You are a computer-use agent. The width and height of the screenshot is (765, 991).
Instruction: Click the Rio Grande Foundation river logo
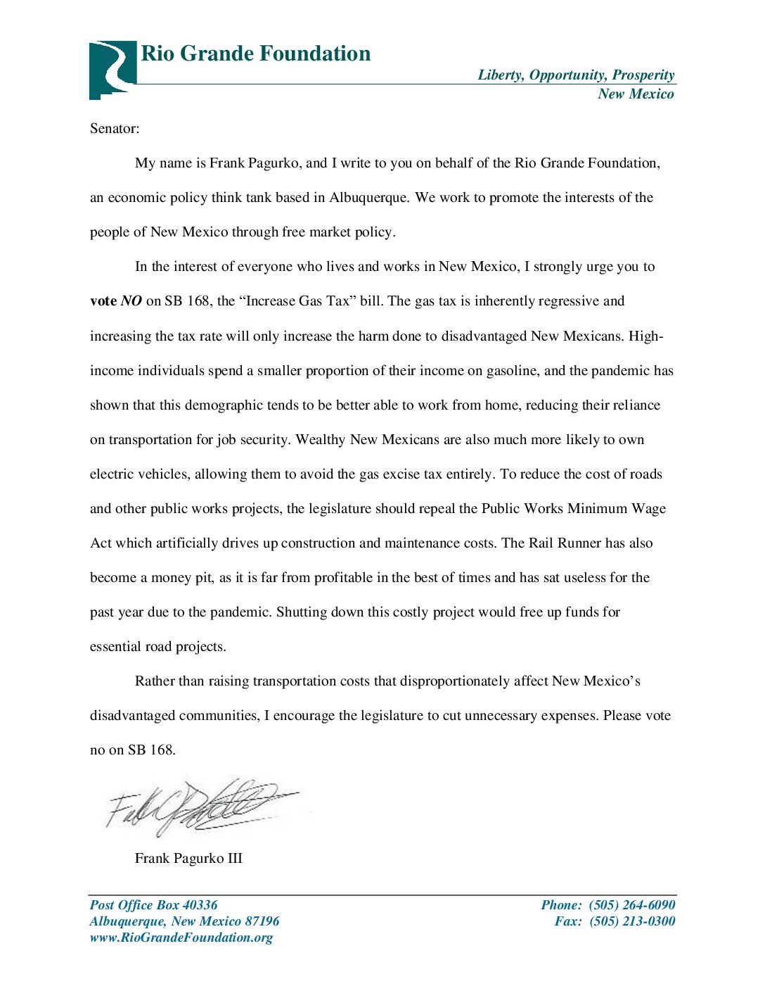[x=112, y=69]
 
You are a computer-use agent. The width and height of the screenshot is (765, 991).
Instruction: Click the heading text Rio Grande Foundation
[x=256, y=53]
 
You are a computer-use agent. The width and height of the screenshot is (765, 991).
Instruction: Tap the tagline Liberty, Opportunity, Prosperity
[x=576, y=75]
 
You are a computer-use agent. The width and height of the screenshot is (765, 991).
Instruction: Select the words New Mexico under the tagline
[x=636, y=94]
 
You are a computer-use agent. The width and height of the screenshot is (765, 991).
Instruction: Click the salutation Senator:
[x=115, y=129]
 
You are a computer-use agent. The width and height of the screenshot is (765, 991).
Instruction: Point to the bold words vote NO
[x=116, y=301]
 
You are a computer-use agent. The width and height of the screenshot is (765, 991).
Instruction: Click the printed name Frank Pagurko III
[x=188, y=859]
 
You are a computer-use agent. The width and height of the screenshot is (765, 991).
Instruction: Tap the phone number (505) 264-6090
[x=632, y=905]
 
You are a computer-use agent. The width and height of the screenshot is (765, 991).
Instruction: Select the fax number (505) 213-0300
[x=632, y=921]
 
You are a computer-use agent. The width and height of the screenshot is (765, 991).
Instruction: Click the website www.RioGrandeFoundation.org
[x=181, y=938]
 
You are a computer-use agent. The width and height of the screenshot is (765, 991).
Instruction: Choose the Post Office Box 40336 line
[x=153, y=905]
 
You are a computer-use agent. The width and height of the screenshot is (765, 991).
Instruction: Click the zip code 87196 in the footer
[x=262, y=921]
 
